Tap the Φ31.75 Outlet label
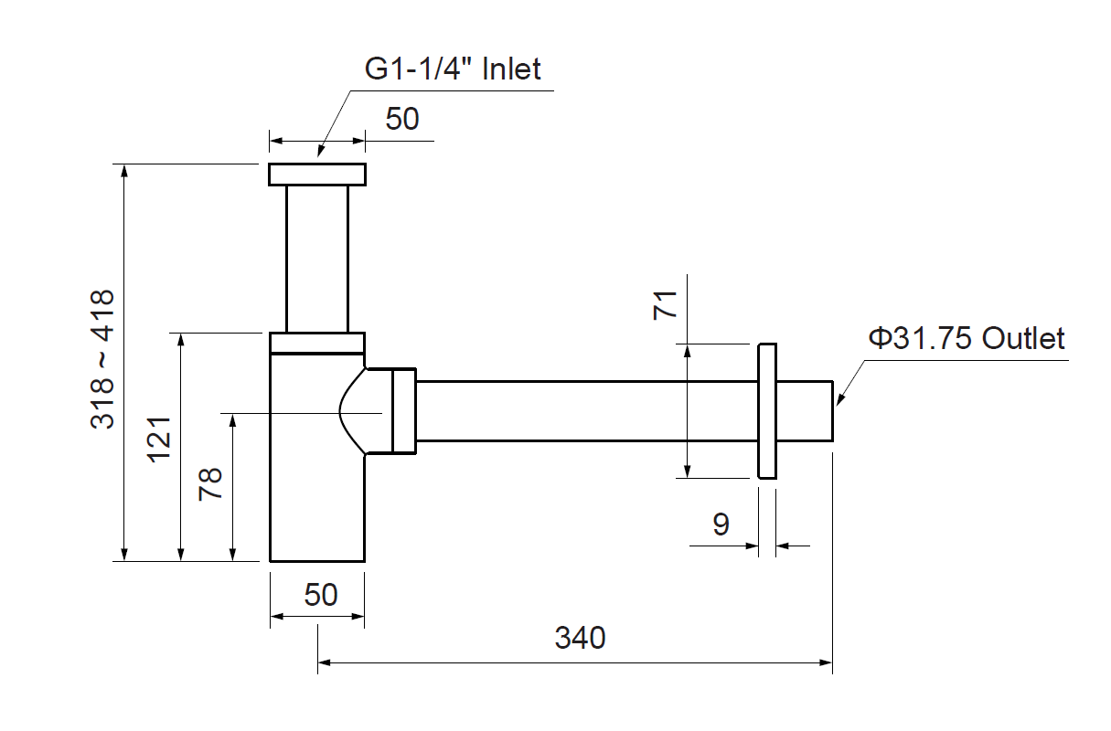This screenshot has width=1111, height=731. [967, 338]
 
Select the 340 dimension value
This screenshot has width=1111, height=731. [580, 637]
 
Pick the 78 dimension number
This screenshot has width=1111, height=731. [211, 482]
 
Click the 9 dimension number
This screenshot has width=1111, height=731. [721, 524]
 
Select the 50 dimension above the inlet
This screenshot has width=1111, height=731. [401, 119]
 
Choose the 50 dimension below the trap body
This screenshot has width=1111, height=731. [320, 595]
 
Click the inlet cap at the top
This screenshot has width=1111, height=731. [317, 175]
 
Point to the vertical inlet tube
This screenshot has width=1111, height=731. [317, 259]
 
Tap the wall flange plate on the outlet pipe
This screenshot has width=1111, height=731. [767, 411]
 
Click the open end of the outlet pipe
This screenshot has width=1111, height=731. [832, 410]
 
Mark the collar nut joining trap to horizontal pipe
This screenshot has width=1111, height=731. [403, 410]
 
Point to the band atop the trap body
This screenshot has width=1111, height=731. [317, 343]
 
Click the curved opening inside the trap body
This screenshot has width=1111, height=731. [352, 410]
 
